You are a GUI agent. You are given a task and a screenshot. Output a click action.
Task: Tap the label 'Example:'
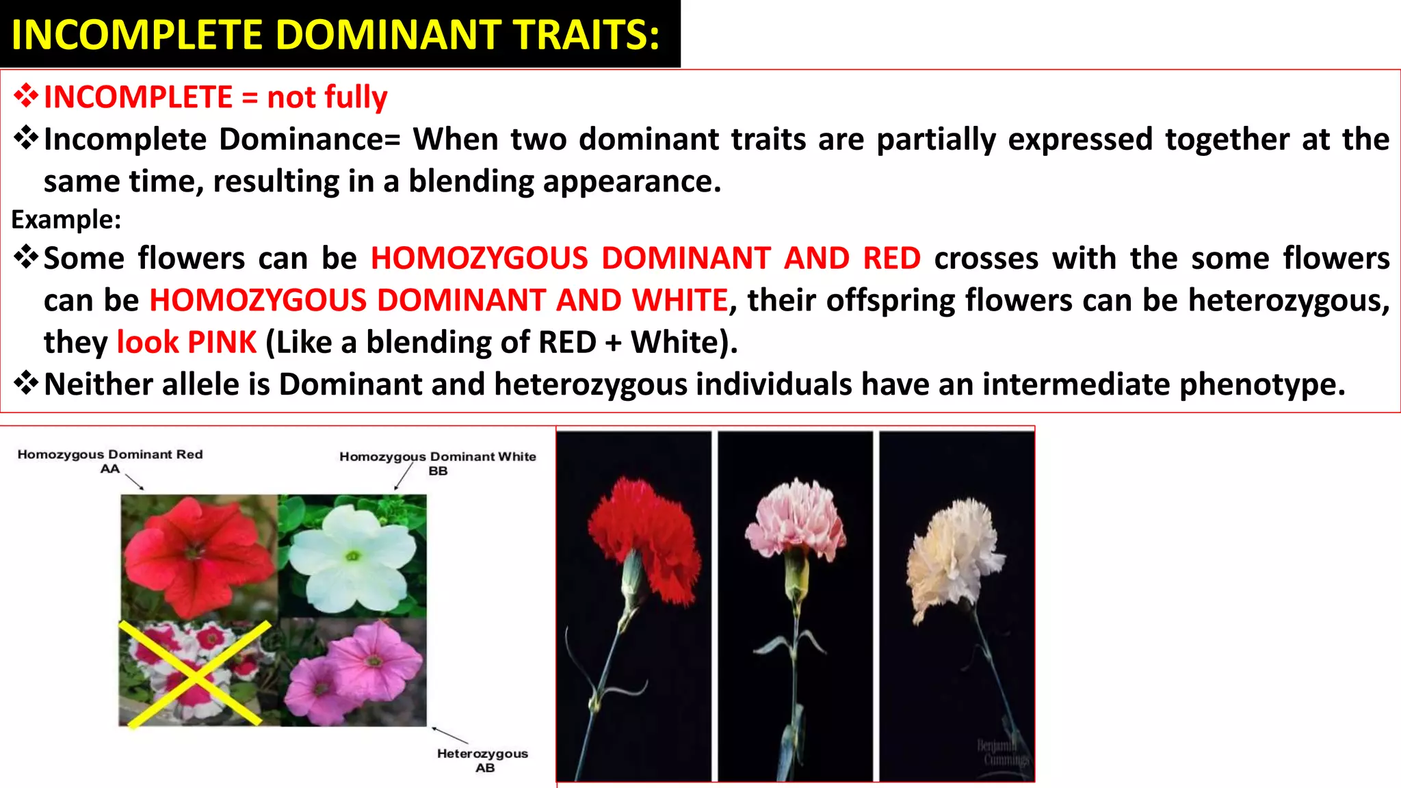[66, 220]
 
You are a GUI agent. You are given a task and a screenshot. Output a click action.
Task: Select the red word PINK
[222, 342]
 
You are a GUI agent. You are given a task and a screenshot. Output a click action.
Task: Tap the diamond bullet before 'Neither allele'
[26, 384]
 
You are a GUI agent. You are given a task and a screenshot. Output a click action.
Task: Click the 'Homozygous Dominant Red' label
[110, 454]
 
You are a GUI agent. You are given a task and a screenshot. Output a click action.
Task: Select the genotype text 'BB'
[438, 471]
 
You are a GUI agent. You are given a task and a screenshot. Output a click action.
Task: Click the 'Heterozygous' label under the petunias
[482, 753]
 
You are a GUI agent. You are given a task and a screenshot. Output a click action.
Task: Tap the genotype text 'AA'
[109, 469]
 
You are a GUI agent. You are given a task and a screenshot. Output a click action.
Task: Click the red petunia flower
[195, 554]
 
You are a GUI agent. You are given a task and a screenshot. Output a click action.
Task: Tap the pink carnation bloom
[795, 520]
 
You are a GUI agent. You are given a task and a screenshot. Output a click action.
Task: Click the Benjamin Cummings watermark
[1002, 752]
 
